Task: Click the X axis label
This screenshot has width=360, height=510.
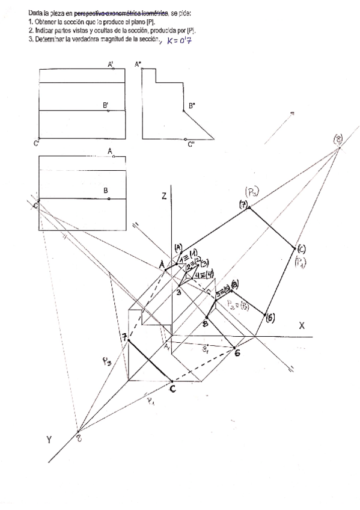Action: click(x=302, y=325)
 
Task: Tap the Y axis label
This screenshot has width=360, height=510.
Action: click(x=50, y=440)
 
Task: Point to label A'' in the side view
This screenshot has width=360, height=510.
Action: click(x=138, y=64)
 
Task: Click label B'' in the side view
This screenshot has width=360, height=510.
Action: click(x=192, y=106)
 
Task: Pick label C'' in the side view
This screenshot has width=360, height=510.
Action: click(x=191, y=144)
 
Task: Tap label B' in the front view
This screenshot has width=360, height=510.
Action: click(x=105, y=105)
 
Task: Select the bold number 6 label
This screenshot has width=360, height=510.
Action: click(x=237, y=353)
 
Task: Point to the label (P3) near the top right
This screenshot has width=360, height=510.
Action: click(x=252, y=192)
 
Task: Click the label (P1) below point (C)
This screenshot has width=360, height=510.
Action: click(x=300, y=260)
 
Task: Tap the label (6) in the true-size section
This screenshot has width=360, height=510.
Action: click(x=270, y=318)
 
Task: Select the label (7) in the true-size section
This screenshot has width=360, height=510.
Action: click(x=243, y=205)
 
